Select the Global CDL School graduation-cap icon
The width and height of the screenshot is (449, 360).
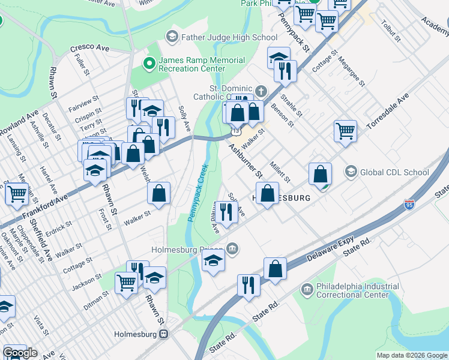click(351, 172)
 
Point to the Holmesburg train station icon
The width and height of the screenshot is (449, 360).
click(163, 335)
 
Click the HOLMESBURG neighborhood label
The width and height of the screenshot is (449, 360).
click(281, 197)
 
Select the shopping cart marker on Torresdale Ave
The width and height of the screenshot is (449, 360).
click(345, 130)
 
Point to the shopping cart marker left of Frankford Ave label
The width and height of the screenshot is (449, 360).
click(16, 193)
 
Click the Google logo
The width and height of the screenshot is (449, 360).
click(20, 353)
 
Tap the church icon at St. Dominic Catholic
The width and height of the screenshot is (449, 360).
click(261, 91)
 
